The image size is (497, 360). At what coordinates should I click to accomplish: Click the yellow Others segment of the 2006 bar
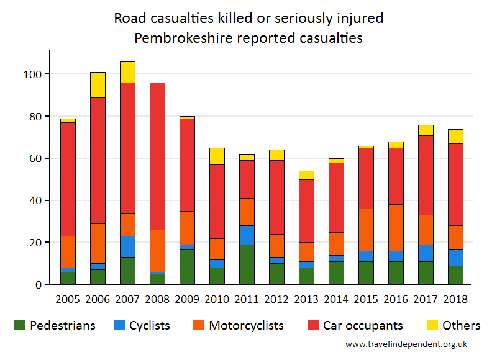click(98, 85)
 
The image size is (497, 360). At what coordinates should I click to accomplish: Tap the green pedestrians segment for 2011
click(247, 264)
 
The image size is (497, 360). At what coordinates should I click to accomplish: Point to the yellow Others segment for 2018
click(455, 137)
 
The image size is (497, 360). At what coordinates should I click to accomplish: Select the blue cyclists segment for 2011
click(247, 235)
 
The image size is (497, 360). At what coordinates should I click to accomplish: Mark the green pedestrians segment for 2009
click(187, 266)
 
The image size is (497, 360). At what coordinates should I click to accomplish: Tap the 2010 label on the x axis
click(217, 299)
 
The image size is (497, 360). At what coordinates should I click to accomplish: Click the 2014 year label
click(337, 299)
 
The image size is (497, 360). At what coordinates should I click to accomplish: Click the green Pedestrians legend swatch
click(20, 325)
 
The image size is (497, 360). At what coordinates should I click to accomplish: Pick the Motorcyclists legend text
click(246, 325)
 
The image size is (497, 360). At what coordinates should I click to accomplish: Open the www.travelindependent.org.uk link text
click(406, 344)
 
